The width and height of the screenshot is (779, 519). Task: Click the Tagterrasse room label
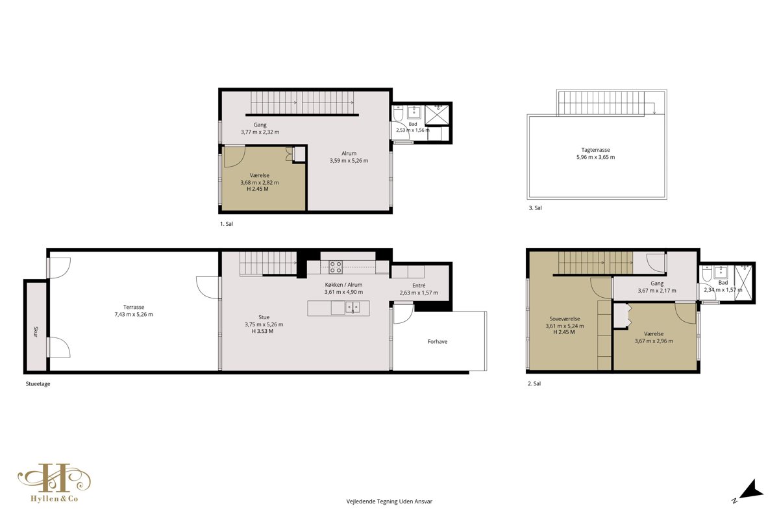pos(595,150)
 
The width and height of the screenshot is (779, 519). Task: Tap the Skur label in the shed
pos(36,332)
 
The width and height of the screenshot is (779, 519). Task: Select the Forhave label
pos(437,341)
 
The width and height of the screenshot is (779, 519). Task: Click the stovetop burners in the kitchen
pos(336,267)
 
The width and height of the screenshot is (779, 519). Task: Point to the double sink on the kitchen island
pos(352,308)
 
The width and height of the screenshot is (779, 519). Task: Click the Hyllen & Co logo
pos(55,483)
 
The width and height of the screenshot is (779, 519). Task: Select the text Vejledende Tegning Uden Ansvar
pos(389,501)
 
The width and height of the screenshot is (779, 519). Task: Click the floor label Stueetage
pos(38,384)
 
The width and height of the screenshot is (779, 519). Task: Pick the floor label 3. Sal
pos(535,208)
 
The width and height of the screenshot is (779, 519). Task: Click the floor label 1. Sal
pos(227,224)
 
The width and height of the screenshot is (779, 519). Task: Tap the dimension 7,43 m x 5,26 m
pos(134,314)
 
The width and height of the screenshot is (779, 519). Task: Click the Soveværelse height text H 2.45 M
pos(563,332)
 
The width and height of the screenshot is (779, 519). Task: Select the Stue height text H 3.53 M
pos(262,331)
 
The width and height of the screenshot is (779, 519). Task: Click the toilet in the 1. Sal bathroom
pos(398,113)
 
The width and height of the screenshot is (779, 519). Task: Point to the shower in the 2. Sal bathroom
pos(743,283)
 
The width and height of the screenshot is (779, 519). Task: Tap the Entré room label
pos(419,285)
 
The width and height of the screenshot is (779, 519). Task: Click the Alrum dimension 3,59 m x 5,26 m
pos(349,161)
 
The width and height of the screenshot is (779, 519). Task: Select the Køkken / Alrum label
pos(343,285)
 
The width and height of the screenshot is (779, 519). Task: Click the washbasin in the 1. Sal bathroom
pos(414,112)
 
